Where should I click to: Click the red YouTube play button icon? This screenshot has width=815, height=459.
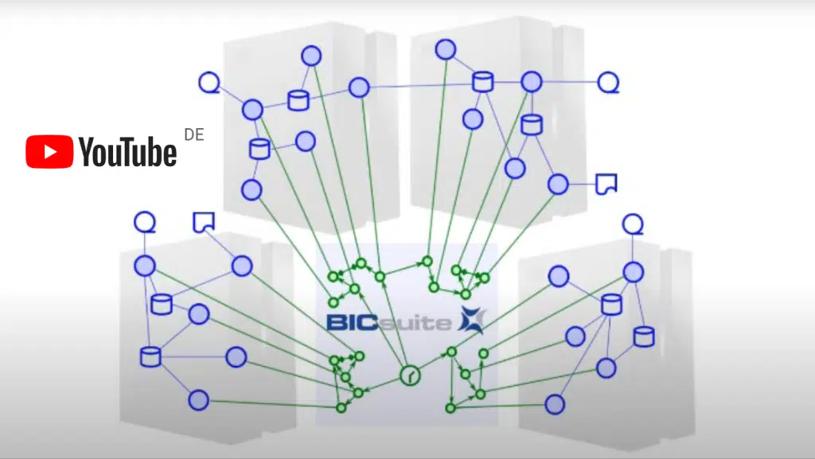[x=49, y=152]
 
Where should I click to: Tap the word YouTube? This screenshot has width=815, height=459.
[x=127, y=152]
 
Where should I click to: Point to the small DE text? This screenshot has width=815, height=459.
[x=193, y=134]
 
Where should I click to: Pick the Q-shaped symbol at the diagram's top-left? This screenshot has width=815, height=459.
[x=209, y=82]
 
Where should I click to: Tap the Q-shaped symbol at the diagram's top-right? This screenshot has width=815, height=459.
[x=608, y=82]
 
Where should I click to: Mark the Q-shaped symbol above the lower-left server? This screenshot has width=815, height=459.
[x=144, y=222]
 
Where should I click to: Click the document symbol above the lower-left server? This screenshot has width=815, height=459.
[x=204, y=222]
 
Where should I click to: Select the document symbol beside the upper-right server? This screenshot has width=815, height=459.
[x=606, y=184]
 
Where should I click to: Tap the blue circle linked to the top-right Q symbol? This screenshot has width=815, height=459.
[x=532, y=81]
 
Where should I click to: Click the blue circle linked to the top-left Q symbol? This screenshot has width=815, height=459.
[x=253, y=109]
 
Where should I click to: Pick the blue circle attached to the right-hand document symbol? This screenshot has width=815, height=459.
[x=558, y=185]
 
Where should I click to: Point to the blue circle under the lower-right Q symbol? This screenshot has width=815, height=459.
[x=633, y=272]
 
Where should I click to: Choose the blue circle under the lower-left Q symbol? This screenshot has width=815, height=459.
[x=144, y=266]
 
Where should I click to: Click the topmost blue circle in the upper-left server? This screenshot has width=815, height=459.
[x=311, y=56]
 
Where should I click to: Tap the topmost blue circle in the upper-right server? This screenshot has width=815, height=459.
[x=446, y=49]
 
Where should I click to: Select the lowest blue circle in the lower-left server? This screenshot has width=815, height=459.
[x=198, y=400]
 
